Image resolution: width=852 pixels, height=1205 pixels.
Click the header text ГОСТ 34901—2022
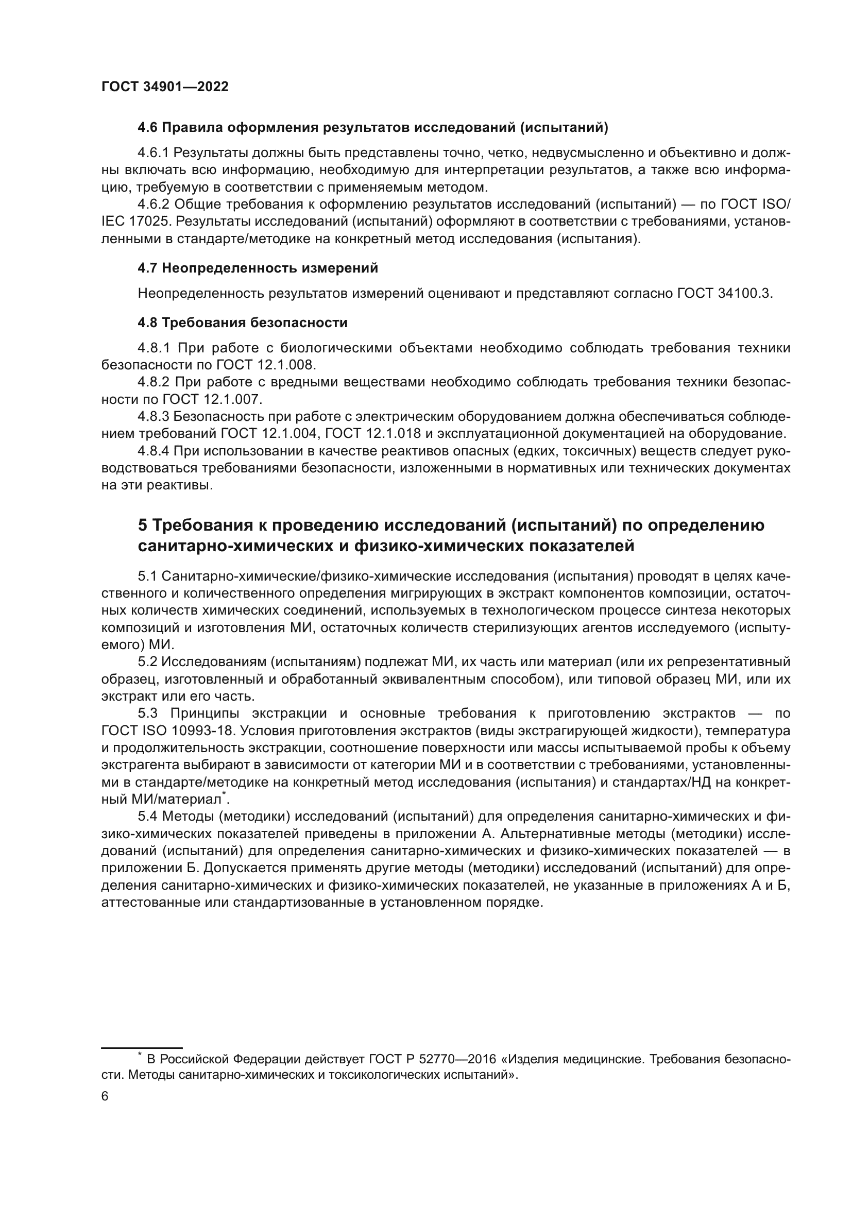tap(165, 87)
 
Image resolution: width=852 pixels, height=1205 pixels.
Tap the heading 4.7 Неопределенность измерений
tap(258, 268)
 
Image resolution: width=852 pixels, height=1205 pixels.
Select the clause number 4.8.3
tap(153, 417)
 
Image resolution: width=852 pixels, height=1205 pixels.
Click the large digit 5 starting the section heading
tap(143, 525)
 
